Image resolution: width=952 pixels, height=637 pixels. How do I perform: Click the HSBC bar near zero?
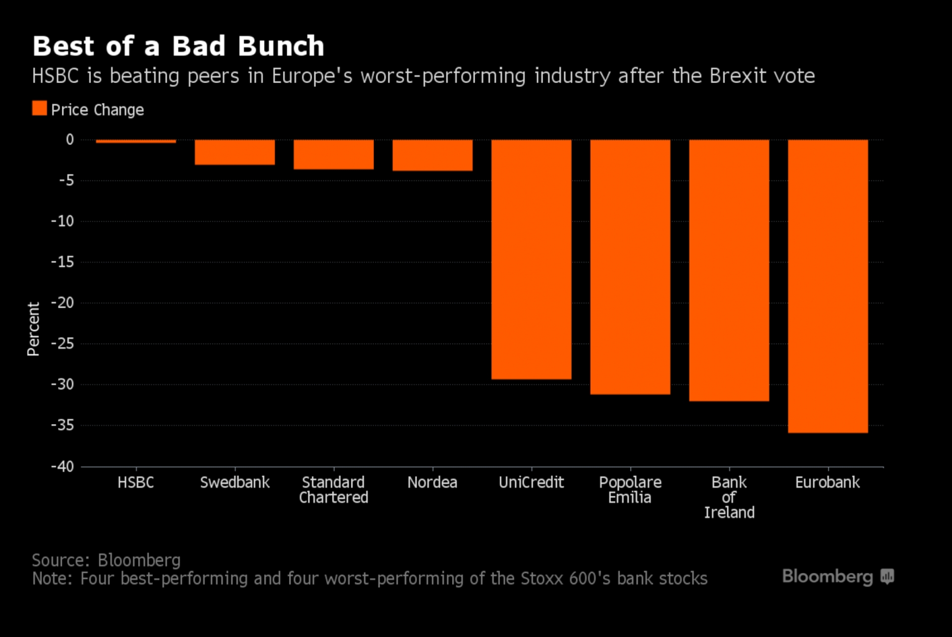click(x=136, y=141)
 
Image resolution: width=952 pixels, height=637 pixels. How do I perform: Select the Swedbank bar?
click(x=235, y=152)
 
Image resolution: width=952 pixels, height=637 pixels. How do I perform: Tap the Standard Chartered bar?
click(x=334, y=155)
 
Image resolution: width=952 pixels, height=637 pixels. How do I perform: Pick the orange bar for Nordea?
click(x=432, y=155)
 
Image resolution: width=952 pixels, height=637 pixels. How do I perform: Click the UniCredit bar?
click(x=531, y=259)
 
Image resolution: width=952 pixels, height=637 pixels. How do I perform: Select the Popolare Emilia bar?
click(x=630, y=267)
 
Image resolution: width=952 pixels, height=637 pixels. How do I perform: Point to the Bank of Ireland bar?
click(x=729, y=270)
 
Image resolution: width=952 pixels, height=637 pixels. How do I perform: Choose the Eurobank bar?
click(x=828, y=286)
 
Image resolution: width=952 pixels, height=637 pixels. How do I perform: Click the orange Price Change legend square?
click(x=40, y=108)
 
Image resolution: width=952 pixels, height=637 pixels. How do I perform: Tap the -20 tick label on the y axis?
click(x=62, y=303)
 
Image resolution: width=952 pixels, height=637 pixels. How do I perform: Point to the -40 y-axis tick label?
click(x=62, y=466)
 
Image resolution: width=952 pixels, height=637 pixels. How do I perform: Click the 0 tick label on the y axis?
click(x=70, y=139)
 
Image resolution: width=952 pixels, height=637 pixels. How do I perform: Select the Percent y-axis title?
click(x=33, y=329)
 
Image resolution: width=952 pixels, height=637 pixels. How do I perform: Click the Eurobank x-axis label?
click(x=828, y=482)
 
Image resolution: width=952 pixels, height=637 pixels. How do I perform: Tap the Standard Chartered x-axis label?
click(x=334, y=490)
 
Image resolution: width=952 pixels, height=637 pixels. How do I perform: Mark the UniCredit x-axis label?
click(x=531, y=482)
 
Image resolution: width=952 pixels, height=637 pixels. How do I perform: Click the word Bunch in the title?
click(x=281, y=46)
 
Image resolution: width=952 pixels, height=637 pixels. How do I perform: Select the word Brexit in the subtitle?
click(x=737, y=76)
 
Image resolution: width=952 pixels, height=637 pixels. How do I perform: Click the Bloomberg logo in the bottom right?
click(x=837, y=576)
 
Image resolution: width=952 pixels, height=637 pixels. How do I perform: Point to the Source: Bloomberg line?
click(x=106, y=560)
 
